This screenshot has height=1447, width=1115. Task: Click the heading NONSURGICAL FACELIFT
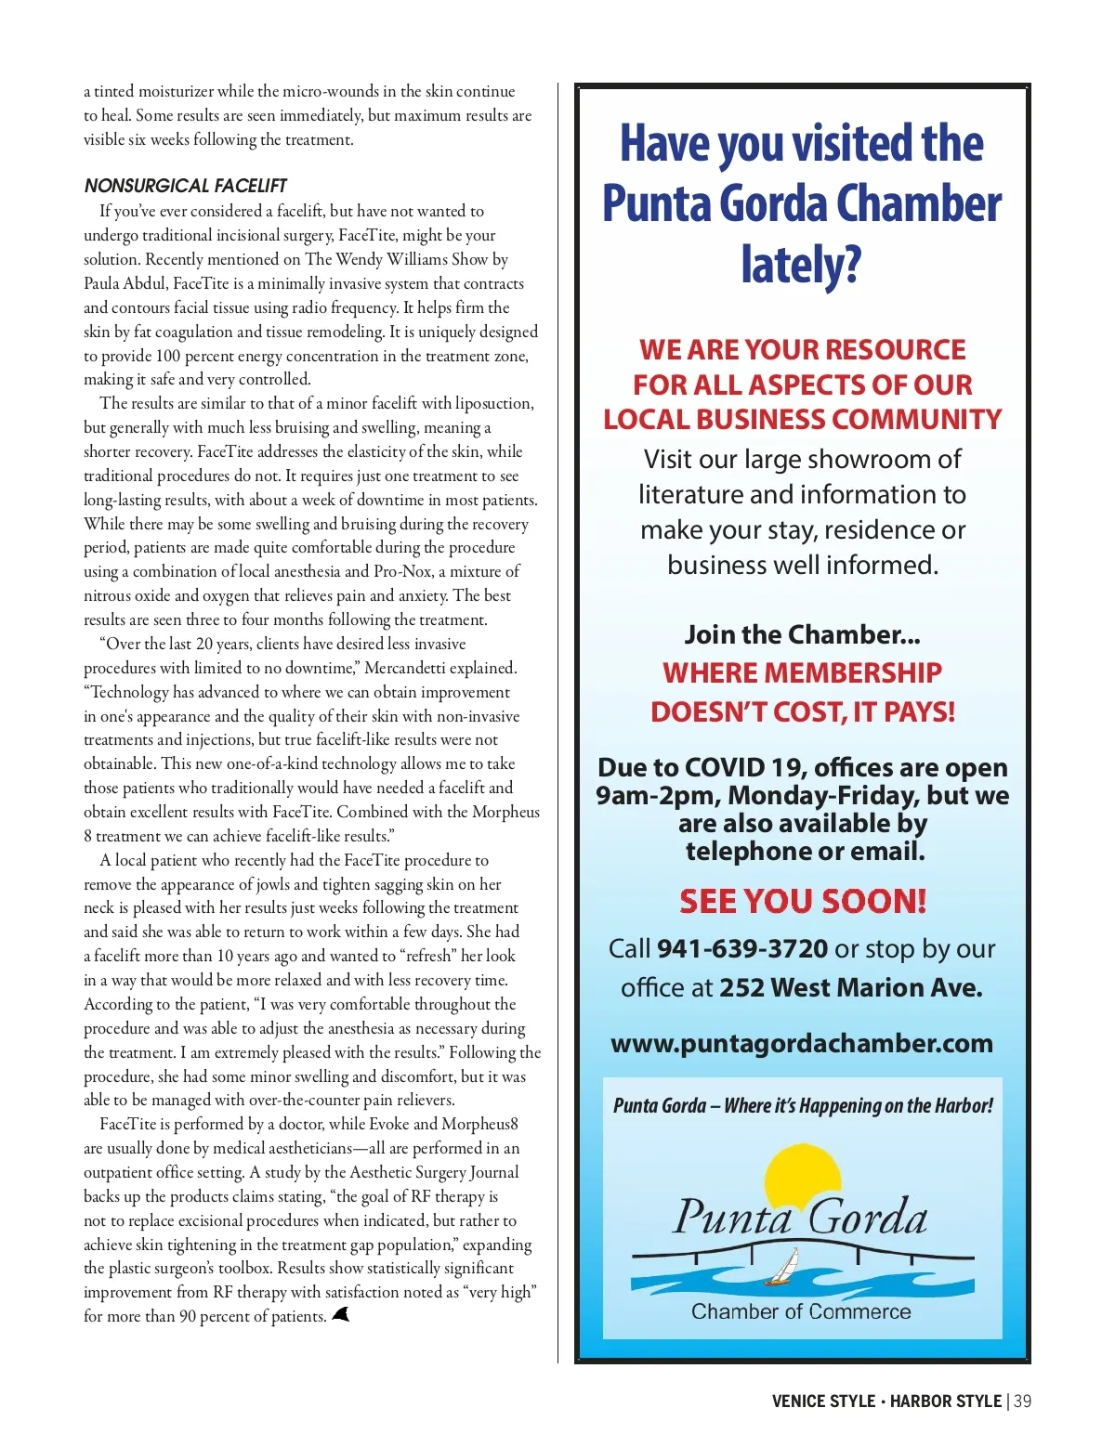click(185, 186)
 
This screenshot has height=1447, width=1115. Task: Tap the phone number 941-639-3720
click(741, 948)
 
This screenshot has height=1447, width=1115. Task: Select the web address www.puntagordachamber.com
click(802, 1043)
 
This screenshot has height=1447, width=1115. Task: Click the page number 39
click(1022, 1401)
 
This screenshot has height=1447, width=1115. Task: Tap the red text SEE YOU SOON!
click(802, 901)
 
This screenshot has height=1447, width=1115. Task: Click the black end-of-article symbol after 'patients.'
click(340, 1314)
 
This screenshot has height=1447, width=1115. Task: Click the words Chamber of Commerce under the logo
click(801, 1311)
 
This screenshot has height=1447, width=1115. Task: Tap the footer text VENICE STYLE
click(823, 1401)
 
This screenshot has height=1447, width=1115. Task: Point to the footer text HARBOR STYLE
click(945, 1401)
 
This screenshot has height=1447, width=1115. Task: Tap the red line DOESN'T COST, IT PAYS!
click(802, 711)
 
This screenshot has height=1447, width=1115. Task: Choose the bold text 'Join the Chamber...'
click(802, 634)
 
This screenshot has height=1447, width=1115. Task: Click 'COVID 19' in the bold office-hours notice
click(743, 768)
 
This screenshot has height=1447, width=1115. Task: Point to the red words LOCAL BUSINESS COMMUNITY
click(802, 420)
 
